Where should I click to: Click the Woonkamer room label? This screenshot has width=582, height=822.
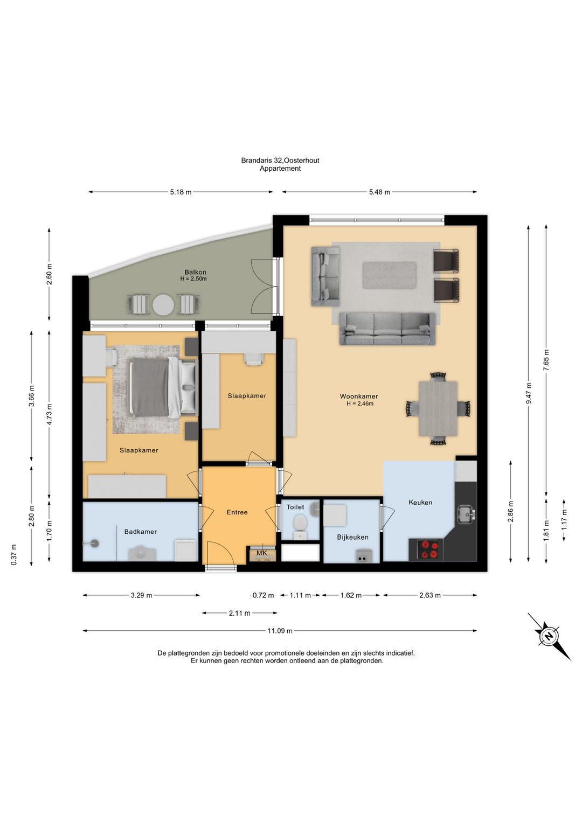pyautogui.click(x=358, y=396)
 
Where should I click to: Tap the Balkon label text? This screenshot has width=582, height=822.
pyautogui.click(x=195, y=272)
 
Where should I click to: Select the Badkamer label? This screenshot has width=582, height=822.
pyautogui.click(x=140, y=532)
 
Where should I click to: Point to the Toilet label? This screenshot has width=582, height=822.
pyautogui.click(x=295, y=507)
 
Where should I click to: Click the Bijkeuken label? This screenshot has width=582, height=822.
pyautogui.click(x=352, y=537)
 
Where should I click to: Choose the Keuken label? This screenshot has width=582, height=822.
pyautogui.click(x=420, y=503)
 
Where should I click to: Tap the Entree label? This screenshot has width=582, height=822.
pyautogui.click(x=237, y=512)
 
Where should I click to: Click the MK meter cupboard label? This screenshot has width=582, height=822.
pyautogui.click(x=261, y=553)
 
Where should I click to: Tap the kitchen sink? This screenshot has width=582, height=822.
pyautogui.click(x=466, y=514)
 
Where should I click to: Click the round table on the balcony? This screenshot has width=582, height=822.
pyautogui.click(x=163, y=305)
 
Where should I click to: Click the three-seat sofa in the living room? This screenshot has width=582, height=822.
pyautogui.click(x=387, y=329)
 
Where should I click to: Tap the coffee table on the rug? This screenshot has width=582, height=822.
pyautogui.click(x=389, y=275)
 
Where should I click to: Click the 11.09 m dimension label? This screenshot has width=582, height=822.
pyautogui.click(x=280, y=631)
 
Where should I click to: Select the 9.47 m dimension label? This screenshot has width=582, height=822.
pyautogui.click(x=529, y=393)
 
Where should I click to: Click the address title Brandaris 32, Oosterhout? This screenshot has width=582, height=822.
pyautogui.click(x=280, y=161)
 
